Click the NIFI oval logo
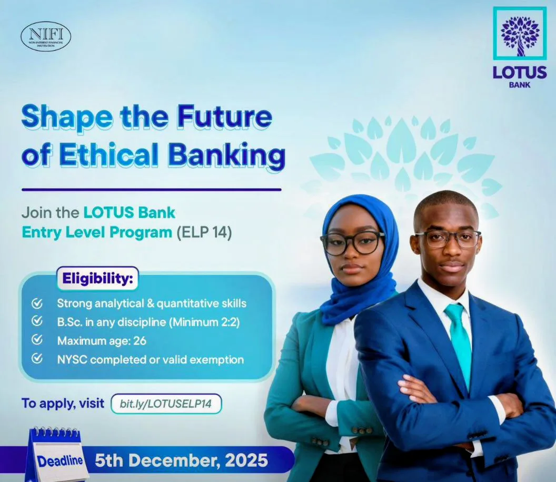coord(46,36)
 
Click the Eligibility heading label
coord(97,279)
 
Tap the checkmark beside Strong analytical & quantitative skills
coord(37,303)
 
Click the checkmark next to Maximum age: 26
coord(37,340)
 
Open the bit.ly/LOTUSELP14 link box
coord(166,404)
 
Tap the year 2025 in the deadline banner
coord(246,460)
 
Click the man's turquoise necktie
coord(459,337)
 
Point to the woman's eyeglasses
coord(352,242)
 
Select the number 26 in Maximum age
coord(140,341)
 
